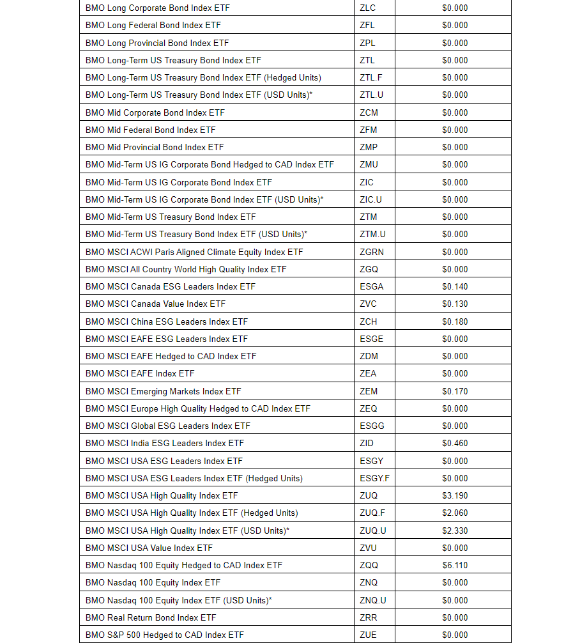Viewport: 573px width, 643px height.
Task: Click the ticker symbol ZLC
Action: (x=367, y=8)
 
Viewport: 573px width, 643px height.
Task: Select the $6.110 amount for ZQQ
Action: (x=455, y=565)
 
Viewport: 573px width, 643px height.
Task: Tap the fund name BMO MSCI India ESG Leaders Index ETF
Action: (x=164, y=443)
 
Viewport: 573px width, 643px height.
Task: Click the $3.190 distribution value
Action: (x=455, y=495)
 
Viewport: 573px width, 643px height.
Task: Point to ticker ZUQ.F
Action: (x=372, y=513)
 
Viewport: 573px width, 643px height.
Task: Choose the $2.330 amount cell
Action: (x=455, y=531)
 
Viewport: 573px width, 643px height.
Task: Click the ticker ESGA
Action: (x=371, y=286)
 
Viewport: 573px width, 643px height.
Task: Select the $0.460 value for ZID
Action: (x=455, y=443)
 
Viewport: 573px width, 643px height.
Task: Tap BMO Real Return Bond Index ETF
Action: (x=151, y=617)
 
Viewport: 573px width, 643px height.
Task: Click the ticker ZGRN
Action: (x=372, y=252)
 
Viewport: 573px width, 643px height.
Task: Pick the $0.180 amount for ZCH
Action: (x=455, y=321)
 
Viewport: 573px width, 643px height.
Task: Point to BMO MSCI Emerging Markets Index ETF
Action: (x=163, y=391)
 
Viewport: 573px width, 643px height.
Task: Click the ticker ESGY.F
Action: (x=374, y=478)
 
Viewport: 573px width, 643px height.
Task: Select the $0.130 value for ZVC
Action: (x=455, y=304)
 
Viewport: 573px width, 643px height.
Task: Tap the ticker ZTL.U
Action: (x=372, y=95)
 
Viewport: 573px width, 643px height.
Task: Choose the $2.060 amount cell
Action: (x=455, y=513)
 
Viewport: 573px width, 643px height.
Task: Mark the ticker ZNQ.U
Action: (x=373, y=600)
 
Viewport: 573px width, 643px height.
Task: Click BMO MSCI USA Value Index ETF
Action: (x=149, y=548)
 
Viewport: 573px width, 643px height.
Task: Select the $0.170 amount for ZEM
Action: (x=455, y=391)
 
